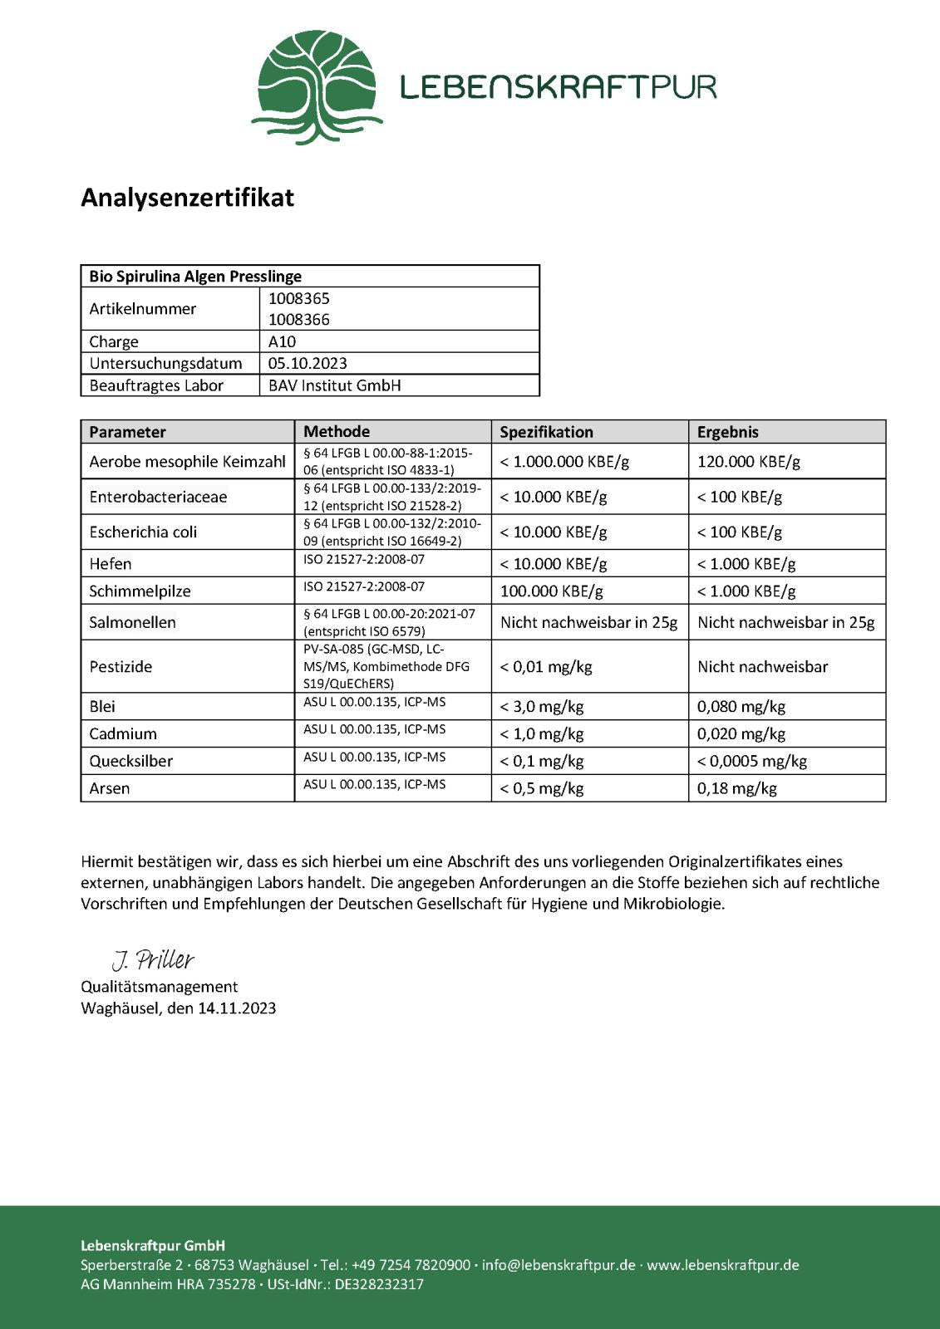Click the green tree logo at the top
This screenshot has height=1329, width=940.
[317, 87]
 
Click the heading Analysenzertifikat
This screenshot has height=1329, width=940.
[187, 198]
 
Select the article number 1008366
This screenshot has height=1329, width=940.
[298, 320]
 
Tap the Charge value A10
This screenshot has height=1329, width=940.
[282, 341]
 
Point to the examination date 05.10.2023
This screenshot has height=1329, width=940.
[308, 363]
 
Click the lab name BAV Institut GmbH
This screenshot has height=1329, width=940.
[334, 385]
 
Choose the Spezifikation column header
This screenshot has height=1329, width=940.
[546, 432]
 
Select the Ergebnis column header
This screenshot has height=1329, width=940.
[727, 432]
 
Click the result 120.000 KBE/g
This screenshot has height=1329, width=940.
[748, 462]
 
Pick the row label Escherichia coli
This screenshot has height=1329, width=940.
[143, 532]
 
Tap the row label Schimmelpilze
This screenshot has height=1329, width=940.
[140, 591]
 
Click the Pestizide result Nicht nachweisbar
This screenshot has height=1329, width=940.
[762, 666]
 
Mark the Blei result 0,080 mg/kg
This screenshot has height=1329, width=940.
[741, 707]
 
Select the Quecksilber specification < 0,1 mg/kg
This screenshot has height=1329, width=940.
[541, 761]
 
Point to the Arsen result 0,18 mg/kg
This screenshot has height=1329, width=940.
[736, 788]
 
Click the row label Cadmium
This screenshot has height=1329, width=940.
[123, 734]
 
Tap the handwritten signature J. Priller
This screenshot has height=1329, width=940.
[153, 960]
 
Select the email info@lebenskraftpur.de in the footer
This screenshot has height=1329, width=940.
[559, 1265]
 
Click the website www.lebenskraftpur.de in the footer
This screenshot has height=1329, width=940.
[722, 1265]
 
